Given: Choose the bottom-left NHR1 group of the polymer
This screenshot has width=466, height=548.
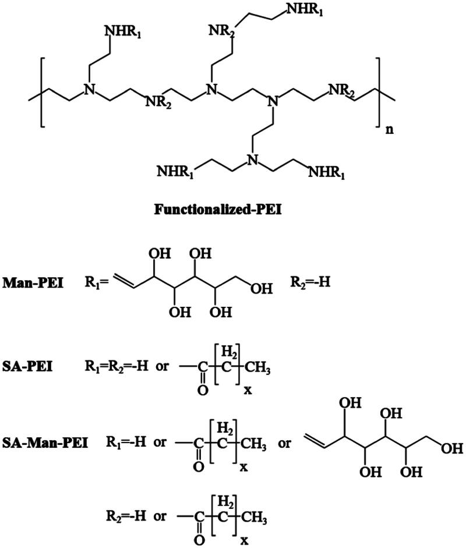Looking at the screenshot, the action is click(x=176, y=171).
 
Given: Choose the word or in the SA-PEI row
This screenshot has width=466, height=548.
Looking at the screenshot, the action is click(x=165, y=369).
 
